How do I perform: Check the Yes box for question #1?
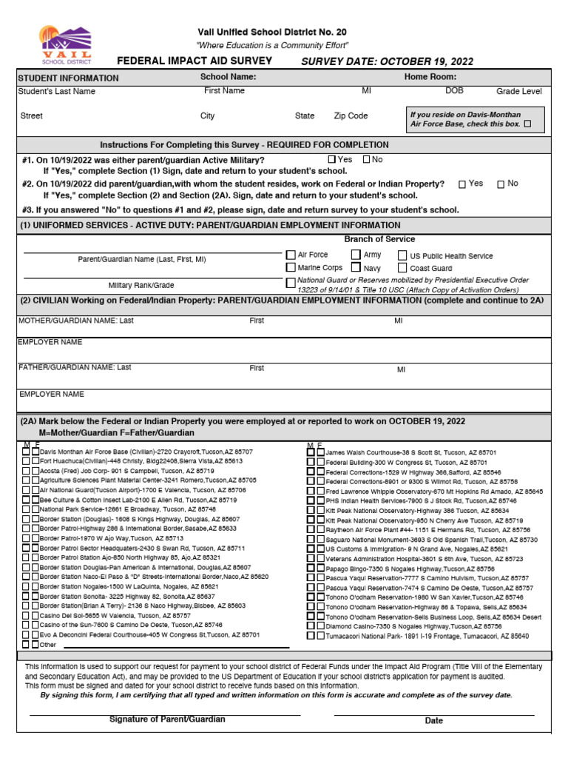point(332,159)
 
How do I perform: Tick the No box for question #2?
point(501,184)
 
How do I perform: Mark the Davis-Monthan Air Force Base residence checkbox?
point(527,124)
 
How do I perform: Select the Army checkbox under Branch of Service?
point(356,255)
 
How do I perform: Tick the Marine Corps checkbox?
point(291,267)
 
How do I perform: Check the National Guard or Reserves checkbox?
point(291,284)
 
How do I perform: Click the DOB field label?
point(454,91)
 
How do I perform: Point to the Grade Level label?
point(518,92)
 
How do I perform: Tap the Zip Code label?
point(351,116)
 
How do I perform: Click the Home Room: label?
point(430,77)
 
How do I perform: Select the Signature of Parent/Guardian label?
point(167,720)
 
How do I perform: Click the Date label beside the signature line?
point(433,720)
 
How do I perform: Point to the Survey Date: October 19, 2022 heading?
point(388,61)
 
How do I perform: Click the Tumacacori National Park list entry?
point(427,636)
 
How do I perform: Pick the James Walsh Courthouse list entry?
point(410,452)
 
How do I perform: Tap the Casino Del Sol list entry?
point(115,616)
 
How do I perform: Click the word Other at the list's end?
point(48,645)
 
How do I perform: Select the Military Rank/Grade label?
point(141,285)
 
